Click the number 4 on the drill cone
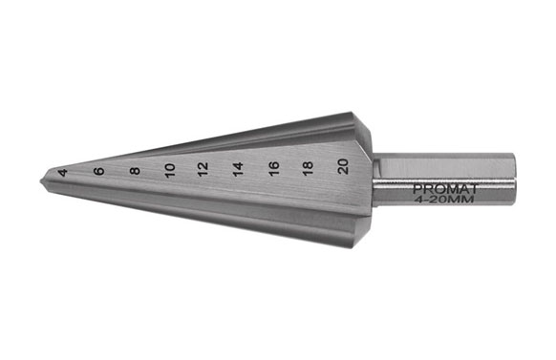(x=63, y=173)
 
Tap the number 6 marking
(x=99, y=171)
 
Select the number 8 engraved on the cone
(x=135, y=171)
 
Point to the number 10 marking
(x=170, y=170)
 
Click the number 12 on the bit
(x=203, y=169)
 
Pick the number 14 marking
(x=238, y=169)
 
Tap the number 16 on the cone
(x=274, y=168)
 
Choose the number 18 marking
(x=308, y=168)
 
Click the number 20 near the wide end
(x=343, y=166)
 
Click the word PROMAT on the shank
(x=446, y=189)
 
